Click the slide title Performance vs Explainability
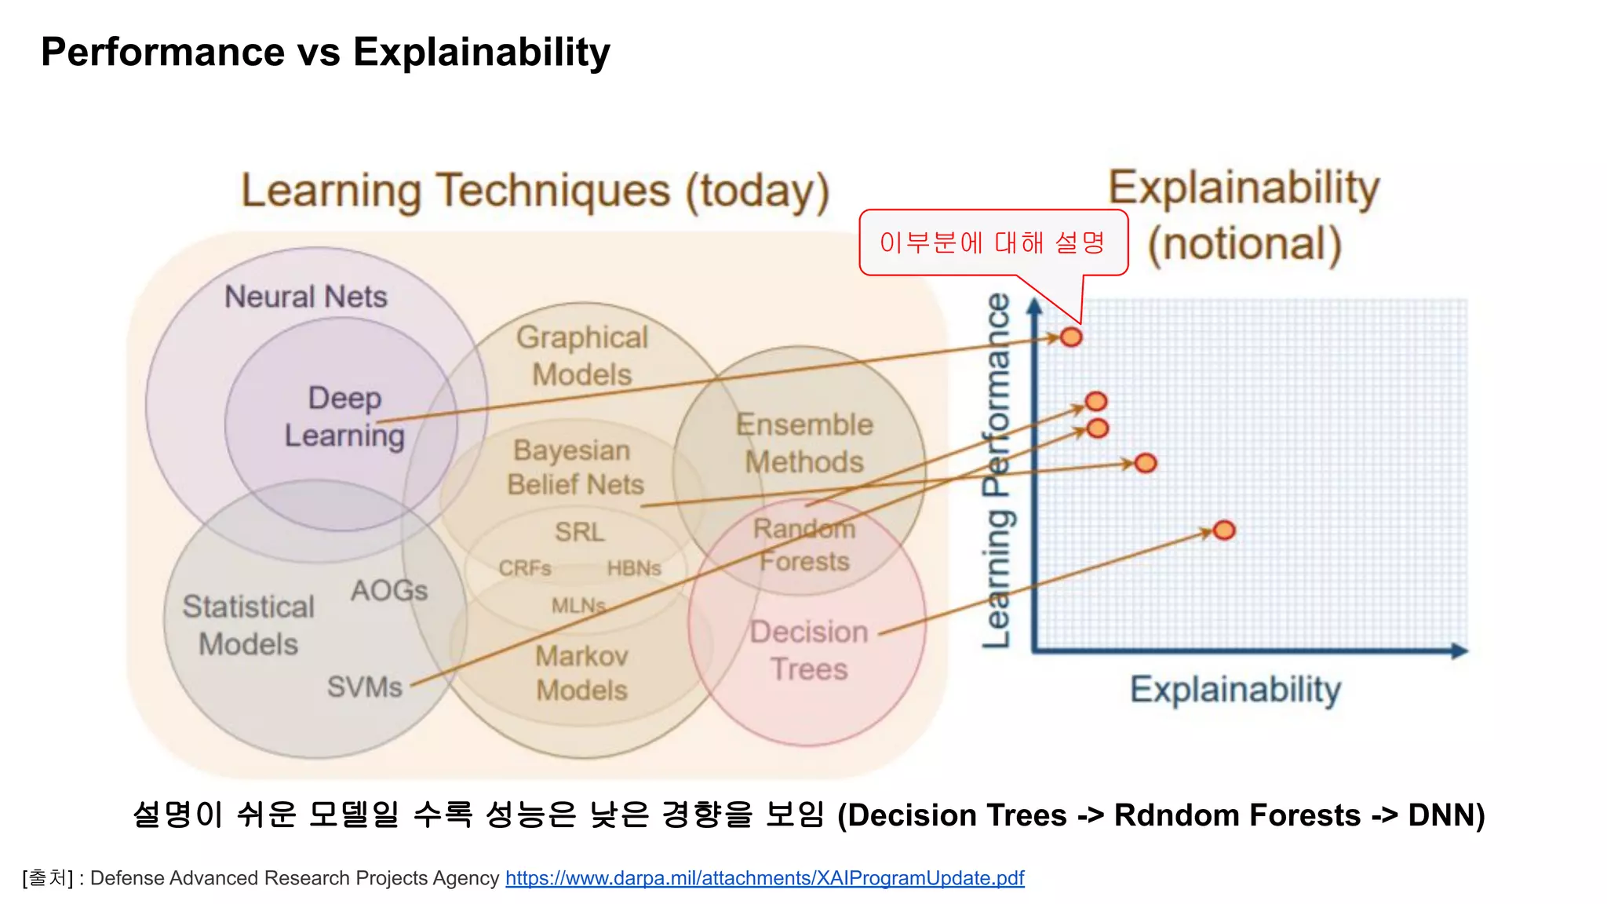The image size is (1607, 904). click(325, 53)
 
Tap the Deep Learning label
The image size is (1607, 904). click(344, 417)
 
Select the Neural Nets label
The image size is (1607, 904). click(306, 297)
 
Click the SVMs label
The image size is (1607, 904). click(364, 687)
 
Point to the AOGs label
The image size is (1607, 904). click(389, 590)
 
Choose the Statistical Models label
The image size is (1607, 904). click(248, 625)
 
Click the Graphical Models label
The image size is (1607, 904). click(581, 355)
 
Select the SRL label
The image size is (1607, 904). click(579, 531)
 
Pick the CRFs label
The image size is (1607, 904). click(524, 567)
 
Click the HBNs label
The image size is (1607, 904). click(634, 567)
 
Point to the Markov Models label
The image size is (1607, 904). click(581, 673)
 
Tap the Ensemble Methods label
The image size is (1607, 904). click(804, 443)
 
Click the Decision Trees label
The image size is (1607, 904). click(809, 650)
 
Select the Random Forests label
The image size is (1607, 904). click(804, 545)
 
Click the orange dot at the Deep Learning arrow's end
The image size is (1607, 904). click(1071, 337)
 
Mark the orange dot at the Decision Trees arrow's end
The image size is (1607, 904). click(1224, 530)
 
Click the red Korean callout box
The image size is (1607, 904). click(993, 242)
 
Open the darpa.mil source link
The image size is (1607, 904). click(764, 877)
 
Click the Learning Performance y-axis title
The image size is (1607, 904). click(997, 471)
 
